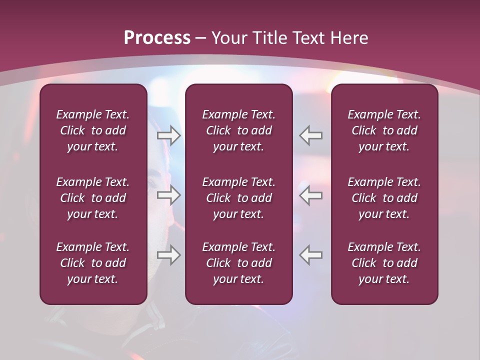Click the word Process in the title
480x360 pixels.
pos(157,38)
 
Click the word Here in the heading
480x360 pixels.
pos(349,38)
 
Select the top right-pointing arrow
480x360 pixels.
pos(168,135)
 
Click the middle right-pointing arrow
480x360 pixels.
pos(168,195)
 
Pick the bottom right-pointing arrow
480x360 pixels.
pos(168,255)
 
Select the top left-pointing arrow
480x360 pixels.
pos(311,135)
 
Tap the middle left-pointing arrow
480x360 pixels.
pos(311,195)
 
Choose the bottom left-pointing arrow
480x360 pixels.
pos(311,255)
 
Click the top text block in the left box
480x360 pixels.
pos(93,130)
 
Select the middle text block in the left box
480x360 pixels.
pos(93,198)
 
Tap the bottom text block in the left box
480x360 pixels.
pos(93,263)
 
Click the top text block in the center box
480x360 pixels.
pos(238,130)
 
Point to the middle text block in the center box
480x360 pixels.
pos(238,198)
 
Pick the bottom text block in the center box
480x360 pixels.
pos(238,263)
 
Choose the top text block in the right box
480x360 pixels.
pos(384,130)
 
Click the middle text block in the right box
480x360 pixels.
pos(384,198)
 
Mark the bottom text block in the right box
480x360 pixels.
pos(384,263)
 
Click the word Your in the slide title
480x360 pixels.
pos(228,38)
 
